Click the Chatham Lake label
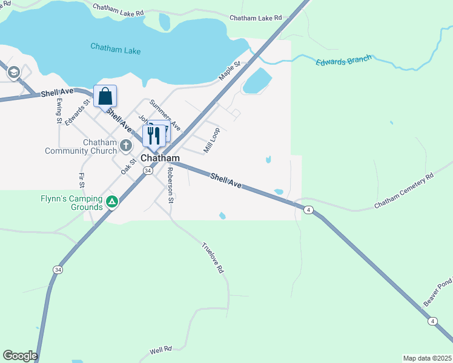pos(116,48)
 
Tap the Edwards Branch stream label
pos(342,61)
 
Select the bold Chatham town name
pos(160,158)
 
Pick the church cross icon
pos(125,145)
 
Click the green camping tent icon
pos(111,202)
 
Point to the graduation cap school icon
pos(13,73)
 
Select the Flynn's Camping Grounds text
pos(71,202)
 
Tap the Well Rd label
pos(160,350)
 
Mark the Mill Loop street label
pos(211,139)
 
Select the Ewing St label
pos(59,111)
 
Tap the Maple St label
pos(230,70)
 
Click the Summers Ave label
pos(165,115)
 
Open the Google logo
pos(20,356)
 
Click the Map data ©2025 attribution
pos(427,358)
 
